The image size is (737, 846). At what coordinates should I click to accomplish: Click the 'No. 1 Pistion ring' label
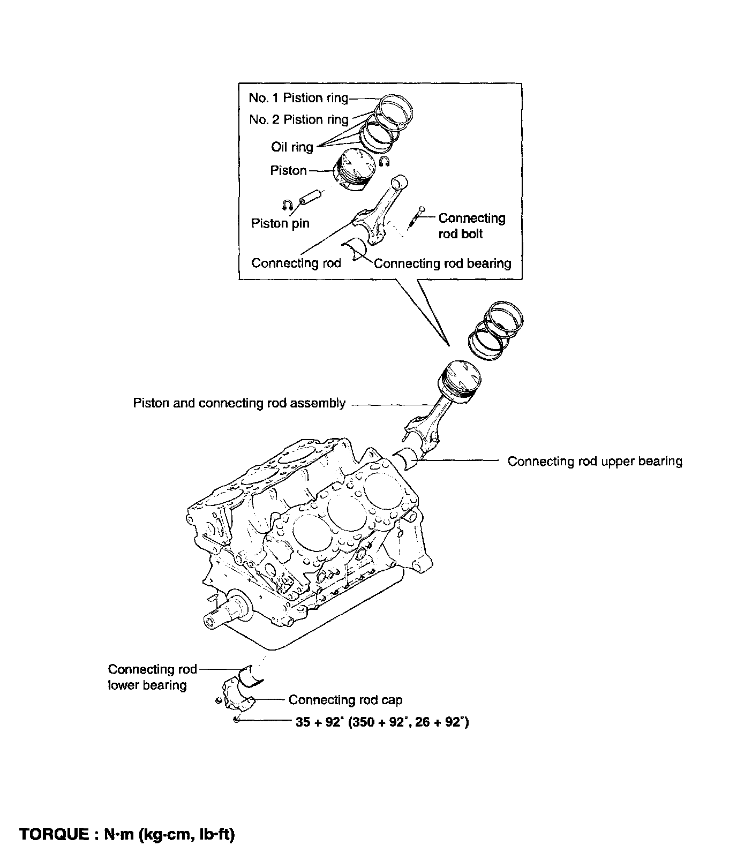click(298, 98)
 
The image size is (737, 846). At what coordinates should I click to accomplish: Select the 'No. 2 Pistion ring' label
click(299, 119)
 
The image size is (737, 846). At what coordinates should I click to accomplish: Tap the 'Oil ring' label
click(292, 147)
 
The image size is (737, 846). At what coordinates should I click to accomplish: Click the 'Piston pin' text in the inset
click(280, 223)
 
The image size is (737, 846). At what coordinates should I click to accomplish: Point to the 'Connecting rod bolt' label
click(472, 226)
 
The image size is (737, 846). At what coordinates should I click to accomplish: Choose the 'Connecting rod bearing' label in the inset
click(442, 263)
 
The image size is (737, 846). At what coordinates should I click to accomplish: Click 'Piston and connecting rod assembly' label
click(239, 403)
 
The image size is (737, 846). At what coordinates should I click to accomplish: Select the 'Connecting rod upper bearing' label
click(595, 461)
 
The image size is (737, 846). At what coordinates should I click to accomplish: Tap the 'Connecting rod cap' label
click(345, 700)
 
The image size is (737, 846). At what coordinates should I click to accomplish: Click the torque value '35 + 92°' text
click(318, 722)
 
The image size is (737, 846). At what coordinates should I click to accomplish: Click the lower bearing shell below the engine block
click(251, 676)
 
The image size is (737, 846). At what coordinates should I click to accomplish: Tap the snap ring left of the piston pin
click(287, 204)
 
